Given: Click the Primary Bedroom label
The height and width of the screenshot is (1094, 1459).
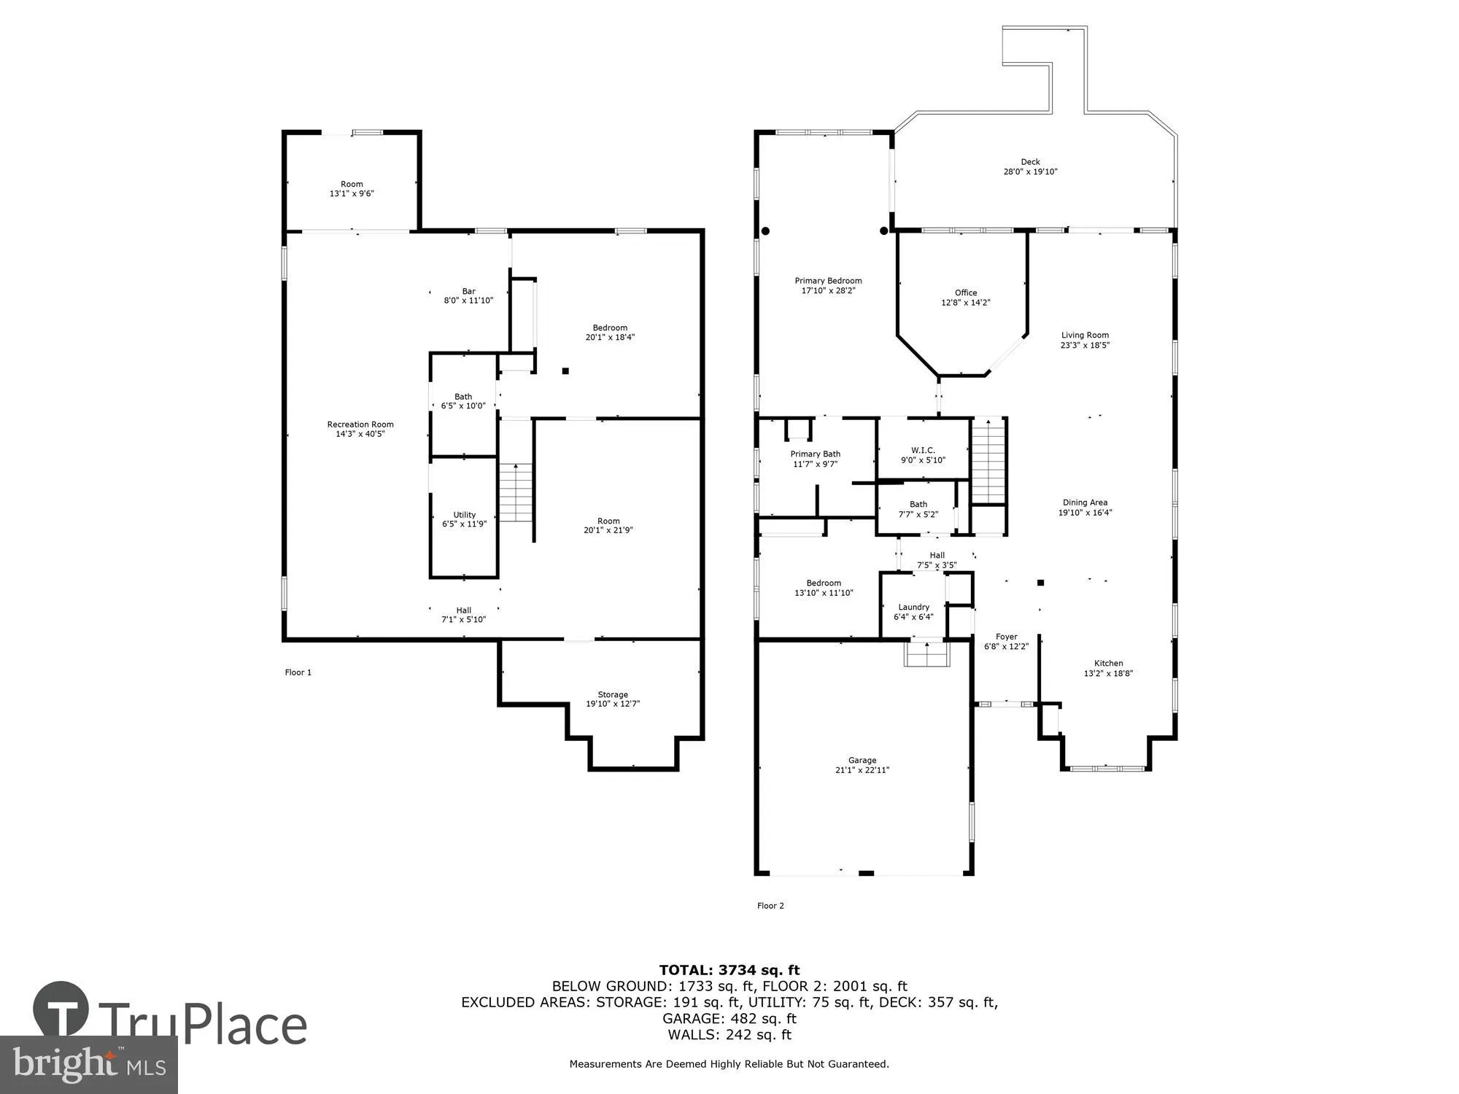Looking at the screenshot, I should tap(828, 281).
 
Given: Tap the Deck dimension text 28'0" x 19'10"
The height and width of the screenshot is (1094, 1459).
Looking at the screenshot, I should tap(1030, 172).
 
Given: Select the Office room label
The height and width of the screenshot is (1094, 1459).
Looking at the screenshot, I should tap(966, 292).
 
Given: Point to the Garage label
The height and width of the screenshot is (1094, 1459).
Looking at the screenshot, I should tap(862, 760).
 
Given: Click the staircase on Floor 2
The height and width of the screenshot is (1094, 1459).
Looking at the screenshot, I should tap(988, 461).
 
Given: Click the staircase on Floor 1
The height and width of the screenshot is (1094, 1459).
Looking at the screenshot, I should tap(516, 492).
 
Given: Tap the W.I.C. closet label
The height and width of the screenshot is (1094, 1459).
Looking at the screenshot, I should tap(923, 450).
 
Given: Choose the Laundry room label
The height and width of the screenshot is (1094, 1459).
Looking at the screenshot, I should tap(913, 607).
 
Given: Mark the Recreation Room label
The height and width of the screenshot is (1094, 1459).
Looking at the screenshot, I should tap(360, 424).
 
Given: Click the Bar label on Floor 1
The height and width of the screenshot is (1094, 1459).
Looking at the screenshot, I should tap(468, 291).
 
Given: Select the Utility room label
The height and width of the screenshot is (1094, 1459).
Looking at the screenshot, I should tap(464, 514).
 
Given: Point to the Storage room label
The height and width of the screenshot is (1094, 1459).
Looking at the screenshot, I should tap(613, 694).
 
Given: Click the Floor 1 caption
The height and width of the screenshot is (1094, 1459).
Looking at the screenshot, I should tap(298, 672).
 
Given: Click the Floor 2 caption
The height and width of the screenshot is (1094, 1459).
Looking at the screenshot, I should tap(770, 906).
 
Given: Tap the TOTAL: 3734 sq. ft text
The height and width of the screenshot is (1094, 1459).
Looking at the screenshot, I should tap(729, 970).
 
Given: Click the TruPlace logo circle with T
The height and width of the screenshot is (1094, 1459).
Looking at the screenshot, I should tap(61, 1010).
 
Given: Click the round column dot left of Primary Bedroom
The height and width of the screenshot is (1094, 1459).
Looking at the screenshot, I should tap(765, 231).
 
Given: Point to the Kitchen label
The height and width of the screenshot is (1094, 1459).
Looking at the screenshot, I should tap(1108, 663).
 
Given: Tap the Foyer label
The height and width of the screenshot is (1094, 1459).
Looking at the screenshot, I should tap(1006, 637).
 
